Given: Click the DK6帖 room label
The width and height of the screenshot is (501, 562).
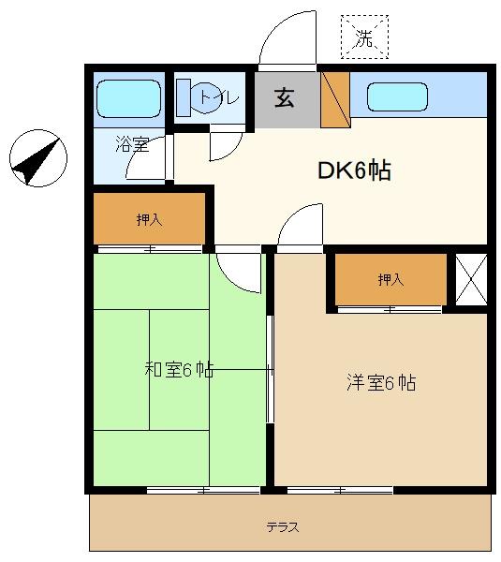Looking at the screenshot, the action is click(354, 170).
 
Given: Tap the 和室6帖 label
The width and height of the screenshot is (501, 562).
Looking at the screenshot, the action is click(179, 370).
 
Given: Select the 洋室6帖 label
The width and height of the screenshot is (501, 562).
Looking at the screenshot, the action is click(381, 383).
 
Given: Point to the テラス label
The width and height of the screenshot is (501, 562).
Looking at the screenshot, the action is click(283, 526).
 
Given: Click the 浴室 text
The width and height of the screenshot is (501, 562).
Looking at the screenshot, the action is click(132, 144).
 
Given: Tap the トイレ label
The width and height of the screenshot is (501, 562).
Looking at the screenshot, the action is click(219, 97).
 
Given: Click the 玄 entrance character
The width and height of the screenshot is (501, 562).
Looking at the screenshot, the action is click(285, 97).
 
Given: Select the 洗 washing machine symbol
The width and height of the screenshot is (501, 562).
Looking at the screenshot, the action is click(364, 37).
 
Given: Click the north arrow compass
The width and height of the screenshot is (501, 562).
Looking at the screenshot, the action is click(38, 158).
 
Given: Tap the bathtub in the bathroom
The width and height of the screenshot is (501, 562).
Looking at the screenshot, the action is click(129, 98).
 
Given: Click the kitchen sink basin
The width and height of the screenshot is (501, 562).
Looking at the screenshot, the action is click(397, 96).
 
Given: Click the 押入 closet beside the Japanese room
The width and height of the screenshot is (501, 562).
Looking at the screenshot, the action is click(149, 218).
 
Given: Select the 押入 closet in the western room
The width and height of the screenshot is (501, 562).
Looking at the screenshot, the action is click(390, 279).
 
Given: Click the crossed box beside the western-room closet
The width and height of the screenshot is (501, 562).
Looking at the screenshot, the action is click(471, 279).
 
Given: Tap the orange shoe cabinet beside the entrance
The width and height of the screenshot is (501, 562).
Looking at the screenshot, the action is click(335, 99).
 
